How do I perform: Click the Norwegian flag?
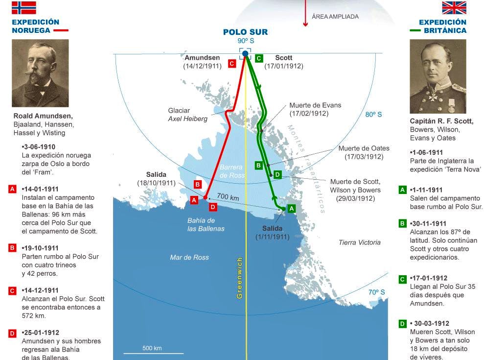24,7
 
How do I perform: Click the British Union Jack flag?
454,7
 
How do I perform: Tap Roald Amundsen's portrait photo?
40,73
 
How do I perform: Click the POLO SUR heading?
245,32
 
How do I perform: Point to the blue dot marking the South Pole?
245,54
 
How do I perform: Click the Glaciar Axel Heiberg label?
187,115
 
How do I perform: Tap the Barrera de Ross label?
231,171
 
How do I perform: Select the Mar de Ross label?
189,257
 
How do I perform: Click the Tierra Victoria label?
359,242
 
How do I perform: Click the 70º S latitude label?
376,292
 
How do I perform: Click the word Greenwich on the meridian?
239,278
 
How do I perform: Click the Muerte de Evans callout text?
315,109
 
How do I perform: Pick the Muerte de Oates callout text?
364,152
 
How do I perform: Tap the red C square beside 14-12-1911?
13,291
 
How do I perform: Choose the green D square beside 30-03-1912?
403,324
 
